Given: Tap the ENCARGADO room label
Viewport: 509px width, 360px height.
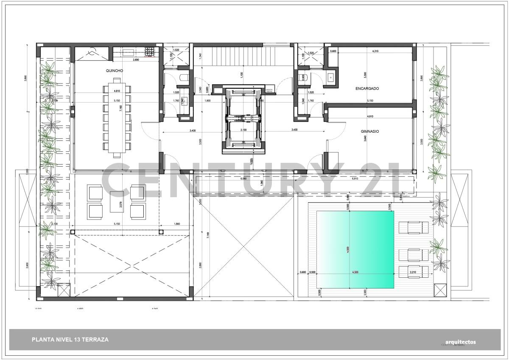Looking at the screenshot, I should point(367,88).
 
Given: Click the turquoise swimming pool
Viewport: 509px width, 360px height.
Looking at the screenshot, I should point(355,249).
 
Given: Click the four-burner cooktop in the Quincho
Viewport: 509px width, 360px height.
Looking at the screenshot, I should point(150,52).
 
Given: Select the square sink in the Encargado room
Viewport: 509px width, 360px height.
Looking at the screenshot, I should point(331,77).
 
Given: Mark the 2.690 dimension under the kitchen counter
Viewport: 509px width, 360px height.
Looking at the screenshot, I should point(136,60).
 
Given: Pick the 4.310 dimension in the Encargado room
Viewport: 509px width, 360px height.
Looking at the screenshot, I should point(375,51).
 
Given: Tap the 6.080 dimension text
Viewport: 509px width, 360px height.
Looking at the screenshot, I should point(243,179).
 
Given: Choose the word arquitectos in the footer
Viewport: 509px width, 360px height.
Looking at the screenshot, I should point(461,342).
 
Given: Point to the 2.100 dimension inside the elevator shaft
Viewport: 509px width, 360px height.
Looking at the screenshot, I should point(243,130).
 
